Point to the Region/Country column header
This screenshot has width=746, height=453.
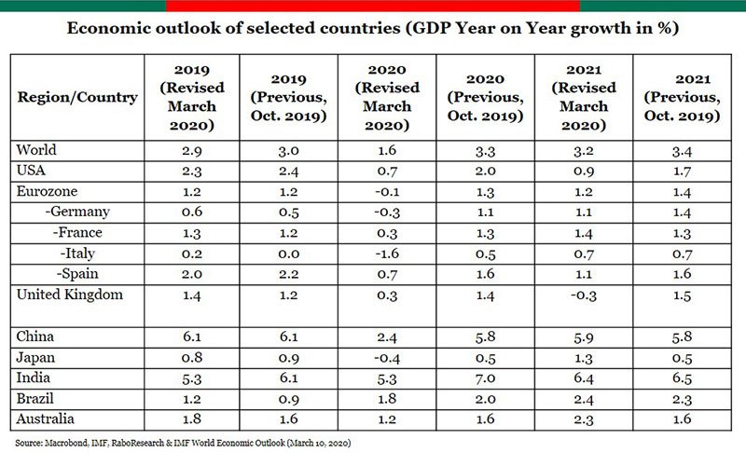(77, 97)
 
